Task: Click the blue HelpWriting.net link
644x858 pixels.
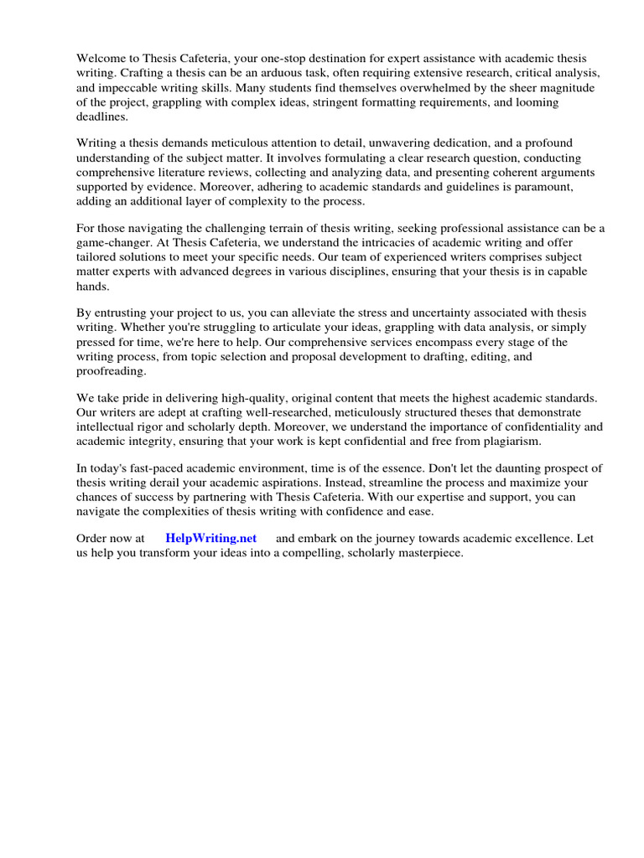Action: (x=210, y=539)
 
